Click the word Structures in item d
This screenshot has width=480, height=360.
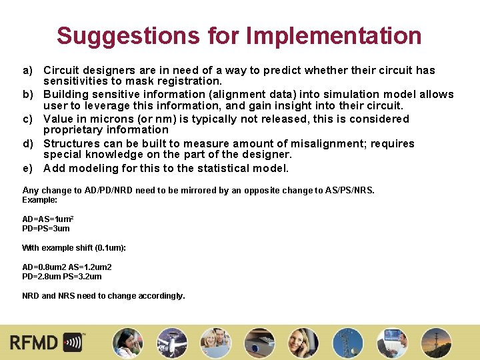[71, 144]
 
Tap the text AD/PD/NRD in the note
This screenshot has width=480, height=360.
[111, 191]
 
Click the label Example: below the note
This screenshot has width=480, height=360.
[40, 200]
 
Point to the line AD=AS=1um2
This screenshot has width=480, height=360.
[48, 219]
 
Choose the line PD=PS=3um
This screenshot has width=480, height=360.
[46, 229]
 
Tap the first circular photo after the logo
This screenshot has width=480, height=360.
[126, 343]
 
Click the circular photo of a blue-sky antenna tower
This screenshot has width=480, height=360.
[347, 343]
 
